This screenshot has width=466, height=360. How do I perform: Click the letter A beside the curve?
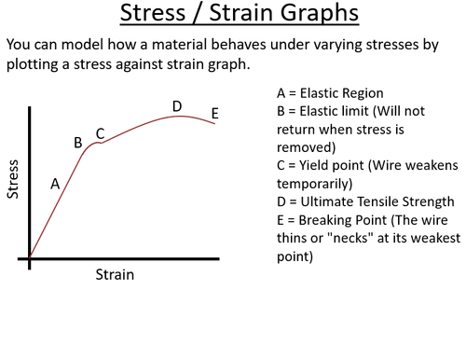point(55,184)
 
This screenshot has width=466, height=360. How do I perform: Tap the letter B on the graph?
point(78,143)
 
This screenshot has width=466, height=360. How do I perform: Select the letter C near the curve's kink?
point(100,133)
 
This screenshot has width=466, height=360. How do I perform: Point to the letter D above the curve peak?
point(177,105)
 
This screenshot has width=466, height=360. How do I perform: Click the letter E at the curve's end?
point(214,114)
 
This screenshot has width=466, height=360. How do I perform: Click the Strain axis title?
point(116,275)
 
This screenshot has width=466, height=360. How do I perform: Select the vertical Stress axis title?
point(13,182)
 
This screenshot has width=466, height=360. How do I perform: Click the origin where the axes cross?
point(30,258)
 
